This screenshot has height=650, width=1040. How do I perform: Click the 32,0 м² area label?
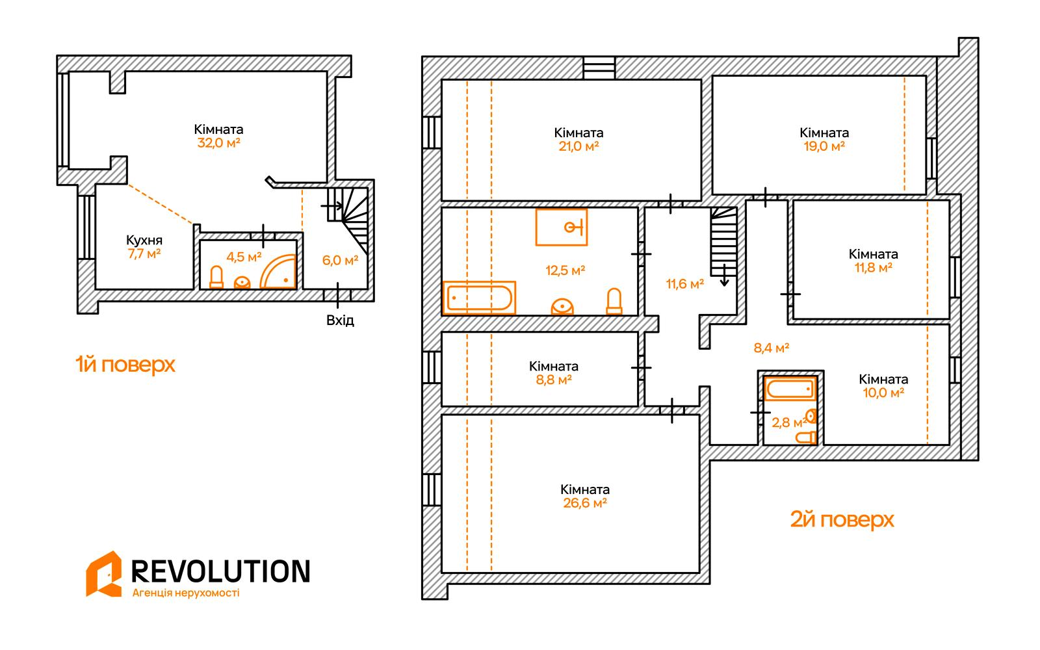(218, 142)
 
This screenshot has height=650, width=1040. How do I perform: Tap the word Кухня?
(144, 240)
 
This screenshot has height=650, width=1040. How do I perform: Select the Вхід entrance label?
(341, 320)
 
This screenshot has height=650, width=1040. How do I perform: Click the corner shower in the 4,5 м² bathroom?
(278, 272)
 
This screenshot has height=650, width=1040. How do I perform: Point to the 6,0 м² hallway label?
(341, 260)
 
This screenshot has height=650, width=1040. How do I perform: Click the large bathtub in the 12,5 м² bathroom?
(479, 298)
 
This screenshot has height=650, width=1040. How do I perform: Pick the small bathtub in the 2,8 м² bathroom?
(790, 389)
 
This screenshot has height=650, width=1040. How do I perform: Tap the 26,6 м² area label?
(585, 503)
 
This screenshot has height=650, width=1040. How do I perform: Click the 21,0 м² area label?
(578, 146)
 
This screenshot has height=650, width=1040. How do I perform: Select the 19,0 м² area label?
(824, 146)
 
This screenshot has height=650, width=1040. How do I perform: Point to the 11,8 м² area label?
(874, 267)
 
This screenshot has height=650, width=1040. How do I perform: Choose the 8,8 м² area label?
(553, 380)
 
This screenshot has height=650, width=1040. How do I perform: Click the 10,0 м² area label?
(883, 393)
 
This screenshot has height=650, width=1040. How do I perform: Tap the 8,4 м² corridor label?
(771, 348)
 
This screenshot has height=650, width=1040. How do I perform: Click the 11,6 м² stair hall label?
(685, 283)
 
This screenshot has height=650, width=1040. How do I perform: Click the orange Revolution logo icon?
(103, 574)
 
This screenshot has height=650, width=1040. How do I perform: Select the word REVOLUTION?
(220, 571)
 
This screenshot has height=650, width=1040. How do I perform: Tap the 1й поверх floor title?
(125, 365)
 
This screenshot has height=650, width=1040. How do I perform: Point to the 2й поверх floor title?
(842, 519)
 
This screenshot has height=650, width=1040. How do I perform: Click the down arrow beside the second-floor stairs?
(724, 275)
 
